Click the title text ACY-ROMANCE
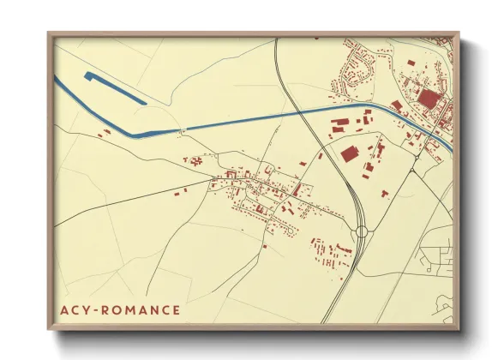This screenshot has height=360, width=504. tap(121, 309)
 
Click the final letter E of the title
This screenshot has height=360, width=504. tap(176, 309)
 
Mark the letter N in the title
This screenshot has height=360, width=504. tap(153, 309)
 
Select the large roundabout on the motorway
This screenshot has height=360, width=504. tap(362, 231)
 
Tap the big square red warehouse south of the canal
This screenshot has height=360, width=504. tap(349, 154)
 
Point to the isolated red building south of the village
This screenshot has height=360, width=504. tap(266, 247)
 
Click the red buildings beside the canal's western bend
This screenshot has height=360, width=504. tap(104, 133)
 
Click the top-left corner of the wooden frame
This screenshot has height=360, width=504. tap(50, 34)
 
